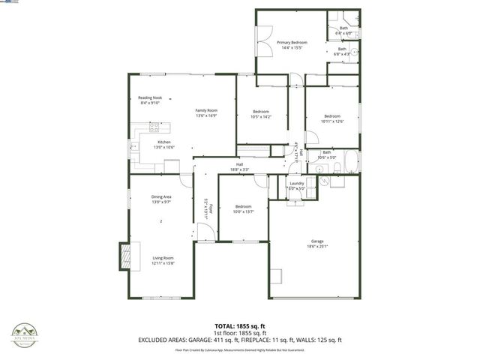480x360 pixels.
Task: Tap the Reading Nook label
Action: pyautogui.click(x=150, y=98)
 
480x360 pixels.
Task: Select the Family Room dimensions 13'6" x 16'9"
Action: pyautogui.click(x=206, y=116)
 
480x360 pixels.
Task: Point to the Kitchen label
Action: pyautogui.click(x=164, y=142)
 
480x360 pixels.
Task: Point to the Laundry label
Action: pyautogui.click(x=296, y=183)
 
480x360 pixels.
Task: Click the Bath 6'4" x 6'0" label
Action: pyautogui.click(x=343, y=31)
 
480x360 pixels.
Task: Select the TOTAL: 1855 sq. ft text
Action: pyautogui.click(x=239, y=325)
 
